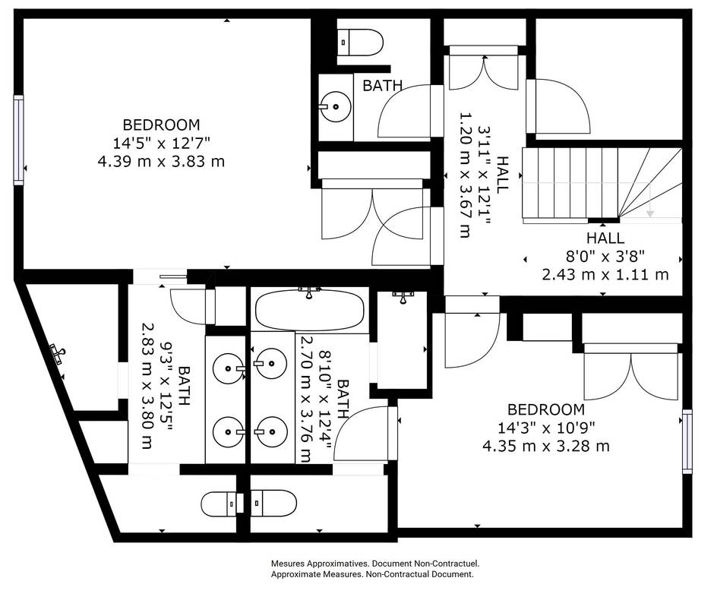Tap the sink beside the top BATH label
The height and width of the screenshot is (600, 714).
(x=334, y=107)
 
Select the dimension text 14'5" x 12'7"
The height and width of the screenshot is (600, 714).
(x=162, y=143)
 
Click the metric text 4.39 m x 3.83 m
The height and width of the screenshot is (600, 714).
(x=162, y=161)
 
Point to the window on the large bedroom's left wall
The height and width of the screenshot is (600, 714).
(x=18, y=140)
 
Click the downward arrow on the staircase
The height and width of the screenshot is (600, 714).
(x=650, y=205)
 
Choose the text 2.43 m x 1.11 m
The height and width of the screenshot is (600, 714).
(x=605, y=274)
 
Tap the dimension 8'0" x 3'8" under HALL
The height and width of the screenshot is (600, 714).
(x=605, y=256)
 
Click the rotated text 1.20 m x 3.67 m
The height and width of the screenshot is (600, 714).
(x=465, y=176)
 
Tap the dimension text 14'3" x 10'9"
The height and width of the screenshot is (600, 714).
(x=546, y=428)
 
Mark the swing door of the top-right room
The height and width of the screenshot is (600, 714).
(x=561, y=106)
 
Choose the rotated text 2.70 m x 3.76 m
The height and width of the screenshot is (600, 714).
(x=306, y=399)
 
